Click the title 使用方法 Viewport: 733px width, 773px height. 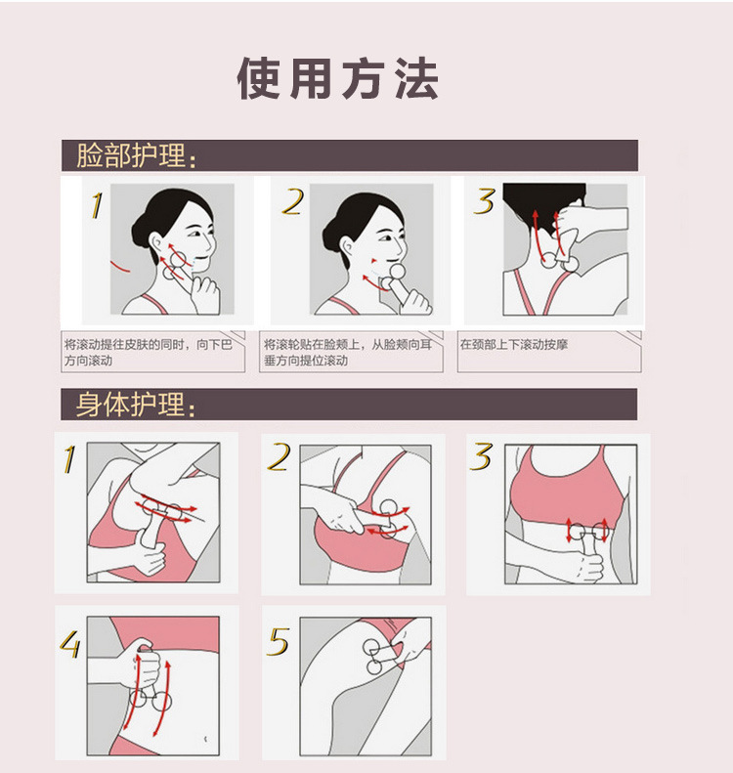click(x=338, y=79)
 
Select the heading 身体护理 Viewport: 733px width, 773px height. click(x=137, y=405)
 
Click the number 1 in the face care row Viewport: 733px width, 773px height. click(x=95, y=204)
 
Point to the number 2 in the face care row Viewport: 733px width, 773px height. click(x=291, y=202)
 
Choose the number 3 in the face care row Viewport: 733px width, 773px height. click(x=484, y=201)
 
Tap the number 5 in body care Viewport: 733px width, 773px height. click(x=279, y=642)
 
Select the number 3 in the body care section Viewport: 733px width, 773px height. click(x=481, y=457)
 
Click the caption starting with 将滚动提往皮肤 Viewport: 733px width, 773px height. click(x=154, y=352)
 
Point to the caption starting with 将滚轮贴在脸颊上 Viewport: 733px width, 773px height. click(x=352, y=352)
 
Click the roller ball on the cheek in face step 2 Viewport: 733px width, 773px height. click(x=397, y=273)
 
